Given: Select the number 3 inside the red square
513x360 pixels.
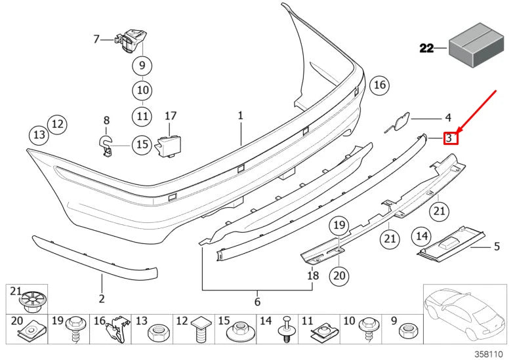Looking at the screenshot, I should (x=449, y=138).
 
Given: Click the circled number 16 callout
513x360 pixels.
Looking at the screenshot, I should (x=379, y=85).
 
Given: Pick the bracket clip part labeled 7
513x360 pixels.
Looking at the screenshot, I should (x=132, y=39).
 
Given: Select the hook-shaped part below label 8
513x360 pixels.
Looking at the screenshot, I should (x=106, y=145).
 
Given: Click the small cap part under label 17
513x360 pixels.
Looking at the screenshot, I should (x=169, y=146).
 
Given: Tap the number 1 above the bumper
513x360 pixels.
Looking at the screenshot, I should (x=240, y=115).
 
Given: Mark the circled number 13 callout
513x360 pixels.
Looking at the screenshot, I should (x=39, y=135).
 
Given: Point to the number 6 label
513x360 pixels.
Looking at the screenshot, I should (x=257, y=302).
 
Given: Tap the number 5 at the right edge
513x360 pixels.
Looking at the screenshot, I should (x=497, y=247).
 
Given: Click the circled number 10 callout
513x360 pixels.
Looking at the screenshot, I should (x=142, y=90).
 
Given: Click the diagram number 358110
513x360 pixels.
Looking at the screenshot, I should (x=494, y=353).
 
